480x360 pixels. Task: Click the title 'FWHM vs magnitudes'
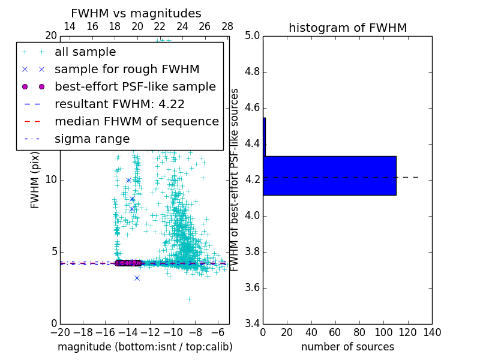pos(136,13)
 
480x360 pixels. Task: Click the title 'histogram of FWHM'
pos(347,28)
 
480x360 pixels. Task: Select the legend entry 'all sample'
pos(85,52)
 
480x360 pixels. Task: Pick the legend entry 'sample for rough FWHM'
pos(127,70)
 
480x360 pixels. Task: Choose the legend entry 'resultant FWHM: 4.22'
pos(119,104)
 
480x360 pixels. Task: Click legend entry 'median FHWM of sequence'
pos(137,122)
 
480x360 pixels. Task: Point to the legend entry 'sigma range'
pos(92,139)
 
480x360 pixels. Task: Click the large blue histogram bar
pos(329,175)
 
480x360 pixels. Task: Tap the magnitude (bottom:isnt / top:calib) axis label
pos(145,347)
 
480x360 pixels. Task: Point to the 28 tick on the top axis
pos(227,26)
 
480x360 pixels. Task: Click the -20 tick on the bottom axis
pos(60,332)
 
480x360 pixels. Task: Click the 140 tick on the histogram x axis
pos(432,332)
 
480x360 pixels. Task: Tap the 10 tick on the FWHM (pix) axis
pos(50,180)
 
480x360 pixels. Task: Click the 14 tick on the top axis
pos(70,26)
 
